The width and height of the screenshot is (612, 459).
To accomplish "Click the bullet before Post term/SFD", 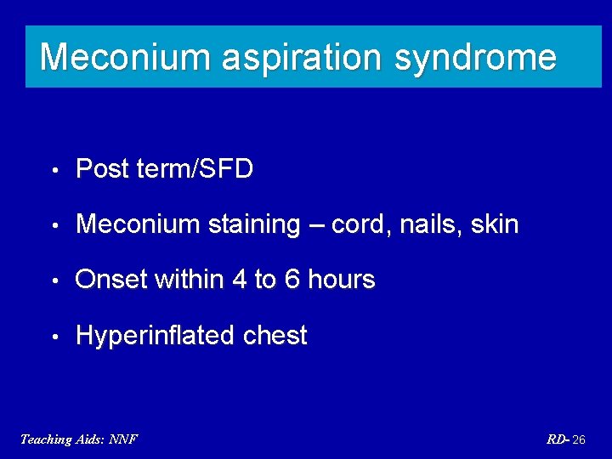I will click(x=54, y=170).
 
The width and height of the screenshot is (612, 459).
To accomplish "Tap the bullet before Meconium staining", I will click(x=54, y=225).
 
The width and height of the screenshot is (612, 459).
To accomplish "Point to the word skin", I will click(x=494, y=224).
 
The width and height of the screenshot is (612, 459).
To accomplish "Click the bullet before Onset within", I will click(x=54, y=280).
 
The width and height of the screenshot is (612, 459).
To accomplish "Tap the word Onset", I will click(x=111, y=280).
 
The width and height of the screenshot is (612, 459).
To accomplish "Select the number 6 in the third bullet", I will click(x=292, y=280).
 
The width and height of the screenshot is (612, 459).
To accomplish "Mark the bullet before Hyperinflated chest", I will click(x=54, y=337).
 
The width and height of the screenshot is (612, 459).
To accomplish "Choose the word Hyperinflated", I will click(x=156, y=336).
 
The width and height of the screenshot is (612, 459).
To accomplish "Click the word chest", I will click(x=275, y=336).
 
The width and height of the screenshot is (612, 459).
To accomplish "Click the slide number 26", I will click(x=578, y=439).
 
